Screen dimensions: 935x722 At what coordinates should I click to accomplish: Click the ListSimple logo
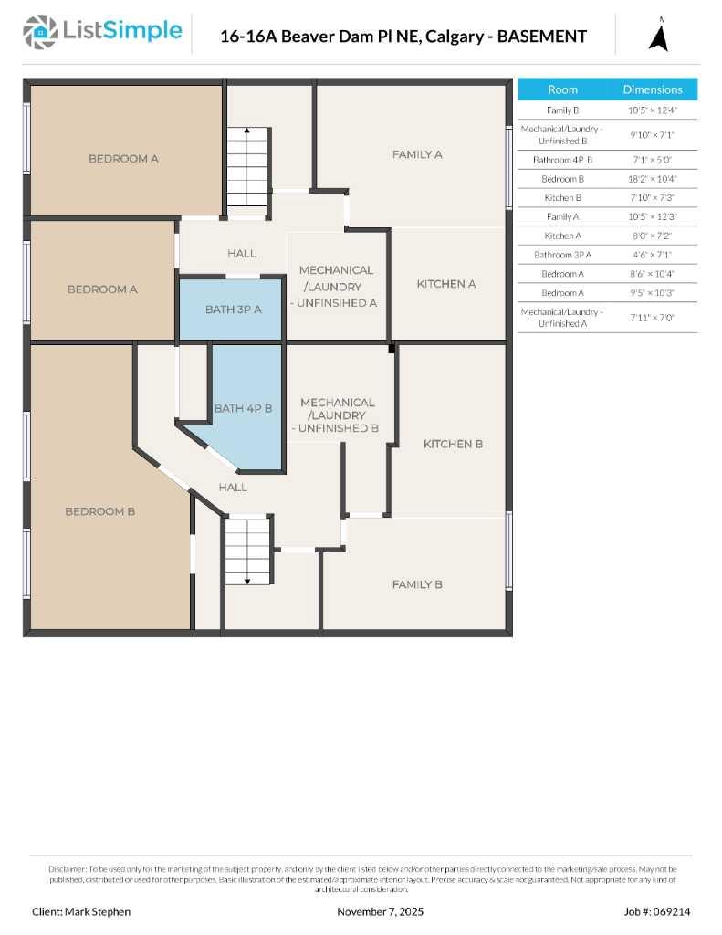tap(102, 34)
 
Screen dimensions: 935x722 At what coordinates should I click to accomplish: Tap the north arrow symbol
tap(660, 37)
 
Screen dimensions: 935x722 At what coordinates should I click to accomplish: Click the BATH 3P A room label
tap(233, 310)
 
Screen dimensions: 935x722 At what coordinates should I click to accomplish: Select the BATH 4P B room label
tap(243, 408)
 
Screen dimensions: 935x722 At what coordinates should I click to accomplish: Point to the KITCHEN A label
tap(446, 284)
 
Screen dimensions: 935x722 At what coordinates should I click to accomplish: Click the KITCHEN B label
tap(453, 444)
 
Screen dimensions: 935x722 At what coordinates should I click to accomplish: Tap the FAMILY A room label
tap(417, 154)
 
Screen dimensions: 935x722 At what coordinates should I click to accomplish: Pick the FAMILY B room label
tap(417, 584)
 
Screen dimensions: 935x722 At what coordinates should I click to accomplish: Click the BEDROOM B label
tap(99, 511)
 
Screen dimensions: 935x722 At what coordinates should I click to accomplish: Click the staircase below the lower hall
tap(248, 551)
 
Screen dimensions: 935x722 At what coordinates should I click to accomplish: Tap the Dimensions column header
tap(652, 89)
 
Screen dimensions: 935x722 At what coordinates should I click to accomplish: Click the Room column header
tap(562, 89)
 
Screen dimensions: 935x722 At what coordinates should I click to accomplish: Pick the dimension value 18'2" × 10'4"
tap(652, 179)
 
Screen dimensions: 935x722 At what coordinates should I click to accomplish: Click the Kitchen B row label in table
tap(562, 198)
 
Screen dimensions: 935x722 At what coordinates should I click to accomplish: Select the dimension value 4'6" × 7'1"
tap(652, 255)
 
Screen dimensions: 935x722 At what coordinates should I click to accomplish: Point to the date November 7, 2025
tap(380, 911)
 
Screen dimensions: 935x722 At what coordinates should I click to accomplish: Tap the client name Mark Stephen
tap(81, 911)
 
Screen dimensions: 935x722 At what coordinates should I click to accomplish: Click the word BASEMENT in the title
tap(539, 37)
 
